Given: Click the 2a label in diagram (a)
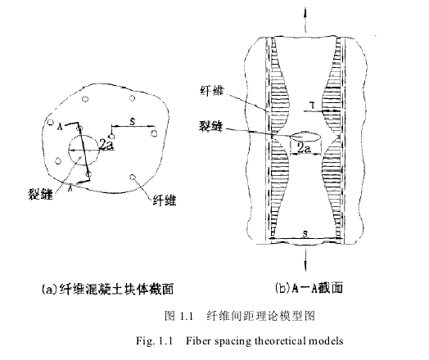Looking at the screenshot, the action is point(106,145).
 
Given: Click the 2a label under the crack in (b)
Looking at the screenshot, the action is point(304,149).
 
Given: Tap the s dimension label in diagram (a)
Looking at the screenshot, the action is point(133,121).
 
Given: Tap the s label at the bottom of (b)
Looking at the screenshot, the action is point(305,234).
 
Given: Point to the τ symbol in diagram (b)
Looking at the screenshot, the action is point(312,105).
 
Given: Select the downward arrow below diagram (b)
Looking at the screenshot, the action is point(305,259).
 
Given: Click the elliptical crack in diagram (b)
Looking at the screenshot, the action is point(305,137).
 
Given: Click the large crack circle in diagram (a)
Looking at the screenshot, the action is point(84,135).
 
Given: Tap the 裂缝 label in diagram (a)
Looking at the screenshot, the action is point(40,194).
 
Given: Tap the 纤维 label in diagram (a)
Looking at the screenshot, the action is point(164,201).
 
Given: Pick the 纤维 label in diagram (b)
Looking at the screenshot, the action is point(212,90).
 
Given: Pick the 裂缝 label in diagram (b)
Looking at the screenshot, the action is point(210,126).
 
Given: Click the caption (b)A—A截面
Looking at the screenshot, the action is point(309,288).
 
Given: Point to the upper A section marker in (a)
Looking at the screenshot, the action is point(61,126).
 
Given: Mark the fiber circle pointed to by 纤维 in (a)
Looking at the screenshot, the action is point(133,177).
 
